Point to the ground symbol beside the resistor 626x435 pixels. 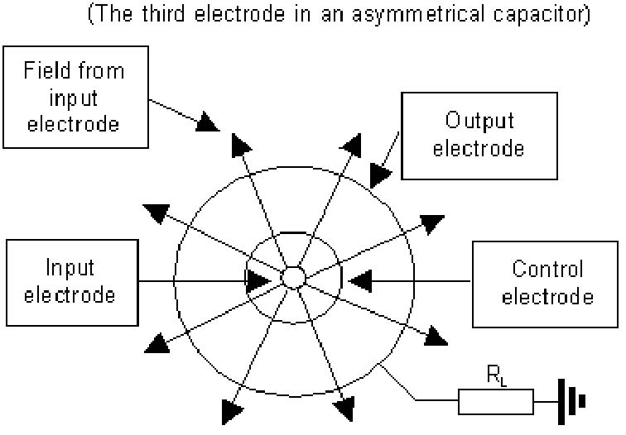(571, 402)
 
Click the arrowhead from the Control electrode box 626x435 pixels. (360, 281)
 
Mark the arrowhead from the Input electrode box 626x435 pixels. (258, 281)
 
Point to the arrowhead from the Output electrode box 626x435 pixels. (379, 174)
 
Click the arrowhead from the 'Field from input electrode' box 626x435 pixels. (207, 122)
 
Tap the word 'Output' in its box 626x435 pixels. (479, 121)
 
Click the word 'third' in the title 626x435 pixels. (163, 13)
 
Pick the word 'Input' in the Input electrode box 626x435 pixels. (70, 268)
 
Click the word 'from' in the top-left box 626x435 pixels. (101, 70)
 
